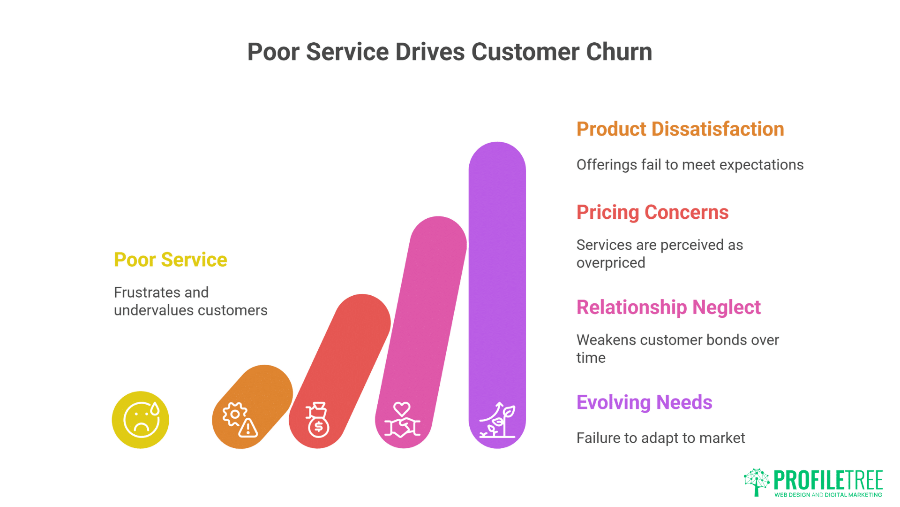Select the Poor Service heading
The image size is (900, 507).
coord(170,260)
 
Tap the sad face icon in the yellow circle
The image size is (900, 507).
coord(141,420)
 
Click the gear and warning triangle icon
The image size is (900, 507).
coord(240,420)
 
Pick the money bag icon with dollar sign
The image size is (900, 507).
coord(318,420)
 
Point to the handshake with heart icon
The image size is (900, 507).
coord(402,420)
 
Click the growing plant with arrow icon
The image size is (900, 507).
coord(497,420)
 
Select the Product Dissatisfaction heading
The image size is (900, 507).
coord(680,129)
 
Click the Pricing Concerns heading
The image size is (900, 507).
coord(652,212)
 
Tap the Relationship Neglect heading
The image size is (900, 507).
coord(668,307)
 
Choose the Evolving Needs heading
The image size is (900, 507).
coord(644,402)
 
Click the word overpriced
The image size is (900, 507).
coord(610,263)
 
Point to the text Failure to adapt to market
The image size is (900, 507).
coord(660,438)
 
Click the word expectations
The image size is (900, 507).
coord(761,165)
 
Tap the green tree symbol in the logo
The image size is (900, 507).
coord(756,481)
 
